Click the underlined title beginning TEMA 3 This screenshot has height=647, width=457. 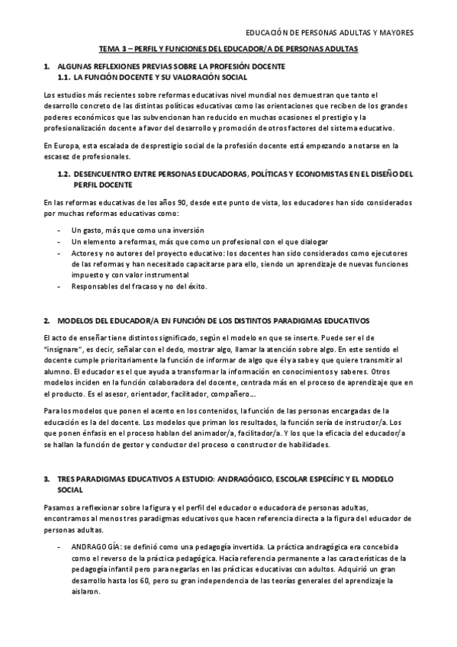tap(229, 48)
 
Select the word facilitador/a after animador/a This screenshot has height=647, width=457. tap(224, 433)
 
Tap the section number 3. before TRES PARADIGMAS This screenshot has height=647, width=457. tap(47, 478)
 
